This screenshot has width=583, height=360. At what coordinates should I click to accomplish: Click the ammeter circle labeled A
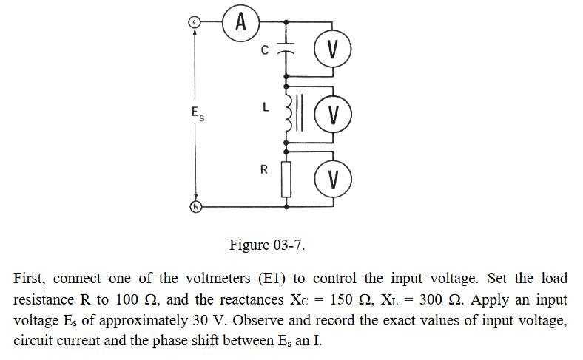coord(241,22)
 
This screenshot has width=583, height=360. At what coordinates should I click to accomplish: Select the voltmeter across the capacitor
coord(331,51)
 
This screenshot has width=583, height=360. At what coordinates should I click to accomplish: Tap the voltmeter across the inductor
coord(331,115)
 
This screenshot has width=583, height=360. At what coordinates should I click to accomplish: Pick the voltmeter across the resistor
coord(331,178)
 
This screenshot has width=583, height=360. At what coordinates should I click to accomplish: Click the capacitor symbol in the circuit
coord(286,52)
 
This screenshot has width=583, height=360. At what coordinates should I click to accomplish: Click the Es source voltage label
coord(194,114)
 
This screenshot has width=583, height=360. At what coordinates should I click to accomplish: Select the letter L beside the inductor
coord(264,109)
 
